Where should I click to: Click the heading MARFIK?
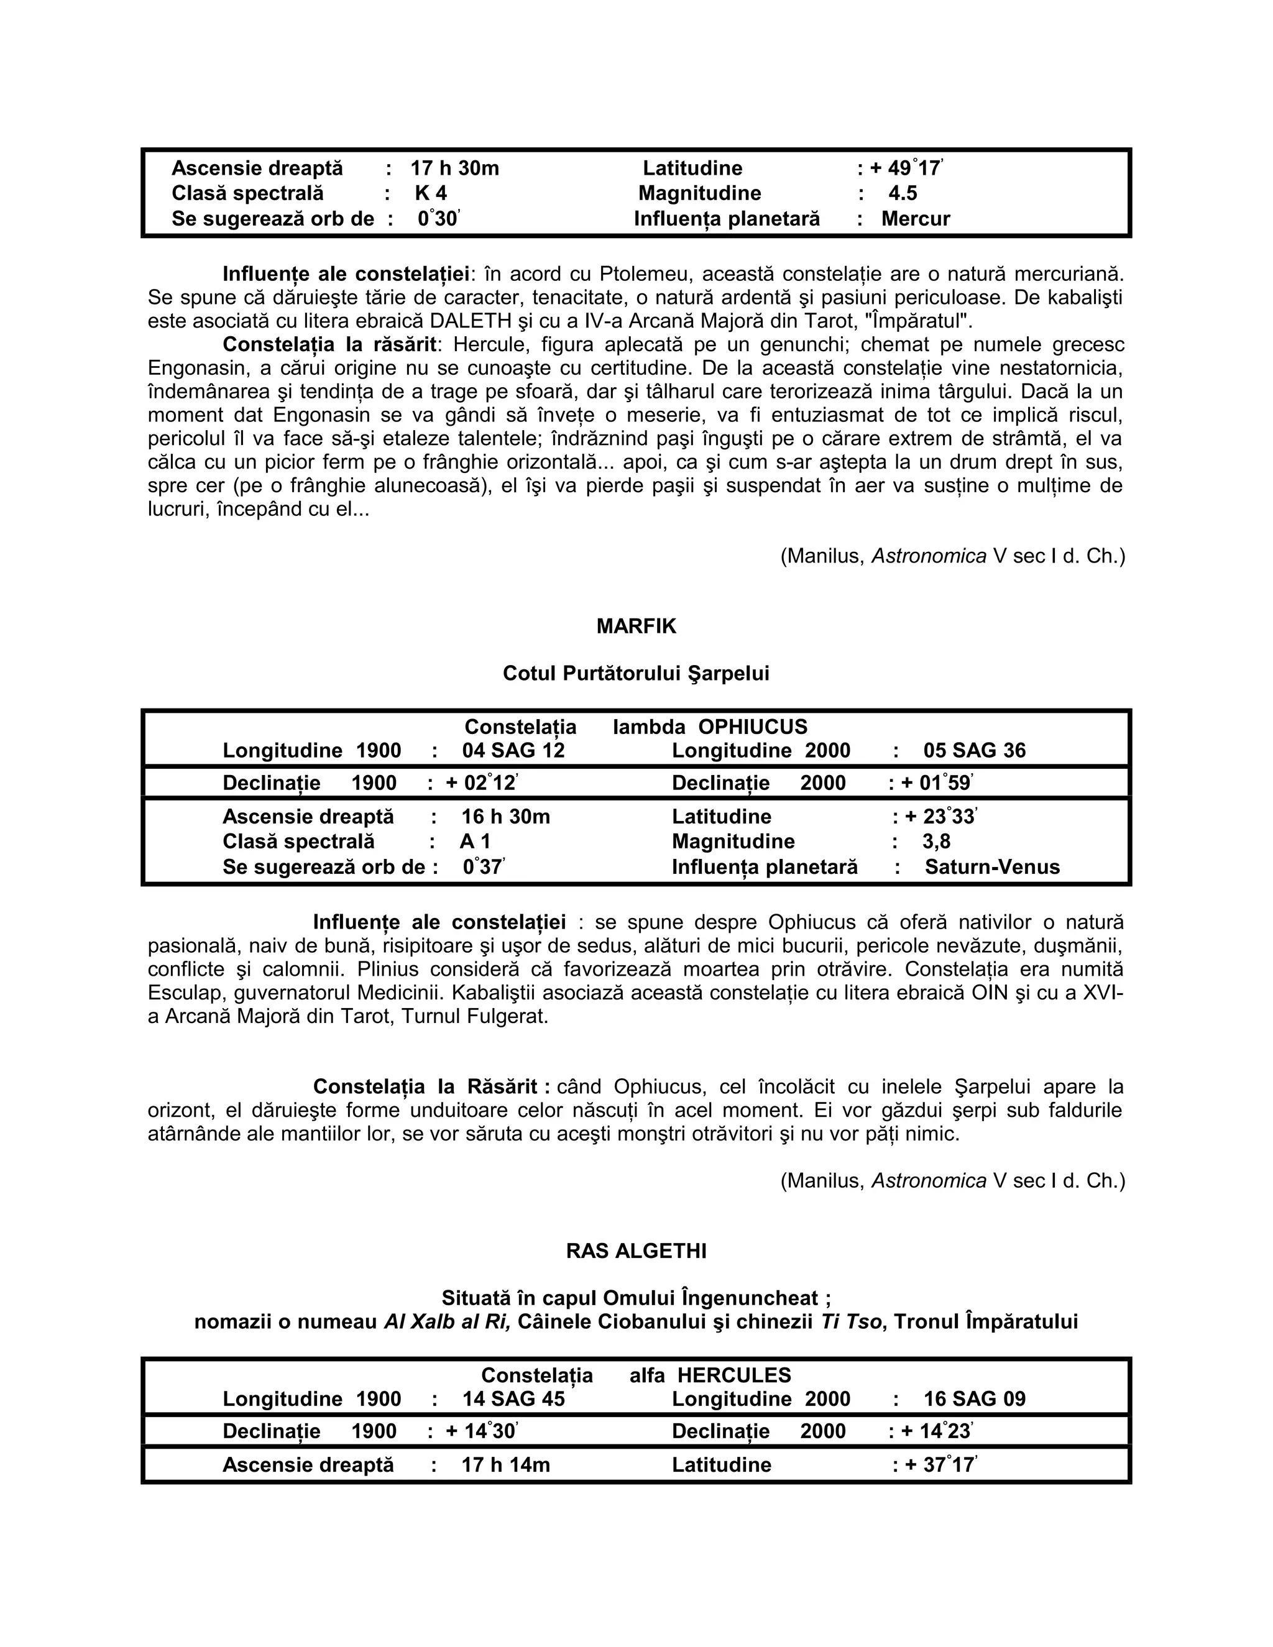click(x=636, y=626)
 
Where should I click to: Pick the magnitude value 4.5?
click(x=902, y=193)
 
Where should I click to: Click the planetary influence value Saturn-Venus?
click(x=991, y=866)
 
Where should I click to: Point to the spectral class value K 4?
click(x=431, y=193)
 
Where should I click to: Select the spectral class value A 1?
click(x=475, y=842)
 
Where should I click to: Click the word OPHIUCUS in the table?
click(x=752, y=727)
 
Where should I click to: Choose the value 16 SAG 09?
click(x=975, y=1399)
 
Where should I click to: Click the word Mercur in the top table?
click(x=916, y=219)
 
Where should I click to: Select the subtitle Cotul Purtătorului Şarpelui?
click(x=636, y=674)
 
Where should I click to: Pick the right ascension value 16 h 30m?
click(x=505, y=817)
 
